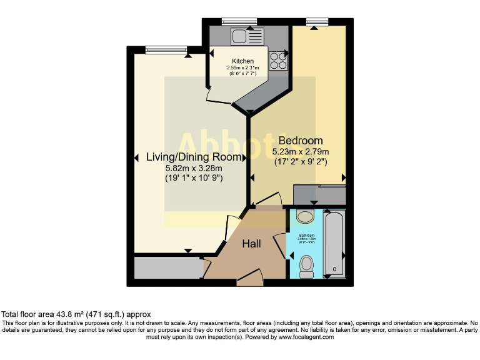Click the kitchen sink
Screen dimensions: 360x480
point(239,37)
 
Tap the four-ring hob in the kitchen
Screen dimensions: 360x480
point(277,61)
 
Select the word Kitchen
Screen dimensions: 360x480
point(243,61)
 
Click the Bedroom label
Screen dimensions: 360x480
point(301,141)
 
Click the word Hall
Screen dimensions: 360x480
point(252,243)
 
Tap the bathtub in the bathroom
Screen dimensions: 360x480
point(335,244)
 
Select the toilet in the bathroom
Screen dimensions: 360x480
point(306,266)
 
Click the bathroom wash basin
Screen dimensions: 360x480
point(306,217)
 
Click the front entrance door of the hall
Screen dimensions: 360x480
point(250,278)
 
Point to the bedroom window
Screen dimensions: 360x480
point(317,22)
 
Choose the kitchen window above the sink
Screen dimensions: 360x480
point(239,22)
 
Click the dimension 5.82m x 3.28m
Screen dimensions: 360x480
point(193,168)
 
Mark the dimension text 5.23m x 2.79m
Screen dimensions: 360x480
point(301,152)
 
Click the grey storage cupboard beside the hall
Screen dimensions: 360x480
point(166,267)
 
